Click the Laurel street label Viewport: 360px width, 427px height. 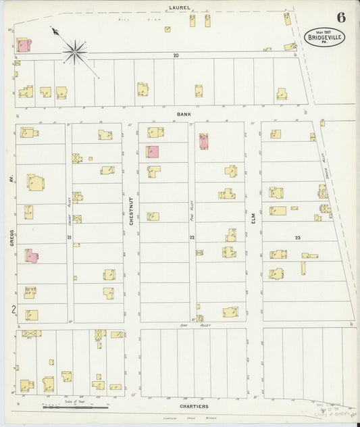[x=180, y=8]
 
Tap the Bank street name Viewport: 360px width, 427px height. [x=184, y=115]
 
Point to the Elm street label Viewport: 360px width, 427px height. [x=254, y=218]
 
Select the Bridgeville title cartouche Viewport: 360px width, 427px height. [x=324, y=36]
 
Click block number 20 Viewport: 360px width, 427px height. [x=176, y=55]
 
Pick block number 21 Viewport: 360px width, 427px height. [x=69, y=238]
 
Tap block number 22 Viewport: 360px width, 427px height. [x=192, y=238]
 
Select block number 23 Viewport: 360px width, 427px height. [x=297, y=238]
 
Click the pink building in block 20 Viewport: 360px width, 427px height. [x=24, y=46]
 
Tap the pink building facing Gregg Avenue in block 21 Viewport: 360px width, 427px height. [x=32, y=256]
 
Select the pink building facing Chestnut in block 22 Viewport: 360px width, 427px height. [x=153, y=152]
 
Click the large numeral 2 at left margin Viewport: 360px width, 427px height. [x=12, y=309]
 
